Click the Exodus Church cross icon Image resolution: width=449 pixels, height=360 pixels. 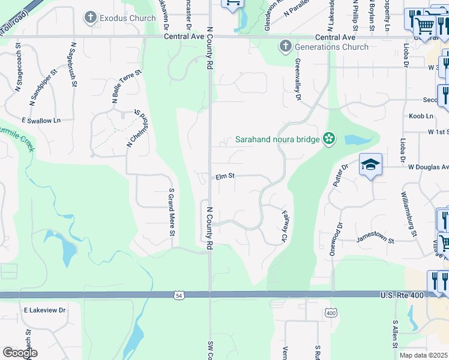(91, 18)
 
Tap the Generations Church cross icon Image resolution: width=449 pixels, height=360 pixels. (285, 47)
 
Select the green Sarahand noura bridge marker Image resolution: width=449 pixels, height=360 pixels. (328, 139)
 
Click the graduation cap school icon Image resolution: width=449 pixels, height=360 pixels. (370, 164)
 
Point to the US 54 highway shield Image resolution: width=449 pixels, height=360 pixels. (178, 295)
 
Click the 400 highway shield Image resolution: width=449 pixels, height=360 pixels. (331, 313)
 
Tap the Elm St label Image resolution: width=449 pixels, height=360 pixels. (224, 177)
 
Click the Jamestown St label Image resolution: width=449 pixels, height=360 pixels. (375, 240)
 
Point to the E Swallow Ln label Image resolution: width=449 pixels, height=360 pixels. (41, 121)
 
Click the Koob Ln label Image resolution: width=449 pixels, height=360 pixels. (421, 116)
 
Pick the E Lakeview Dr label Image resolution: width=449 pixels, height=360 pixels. (44, 310)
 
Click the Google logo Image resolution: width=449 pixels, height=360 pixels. (19, 353)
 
